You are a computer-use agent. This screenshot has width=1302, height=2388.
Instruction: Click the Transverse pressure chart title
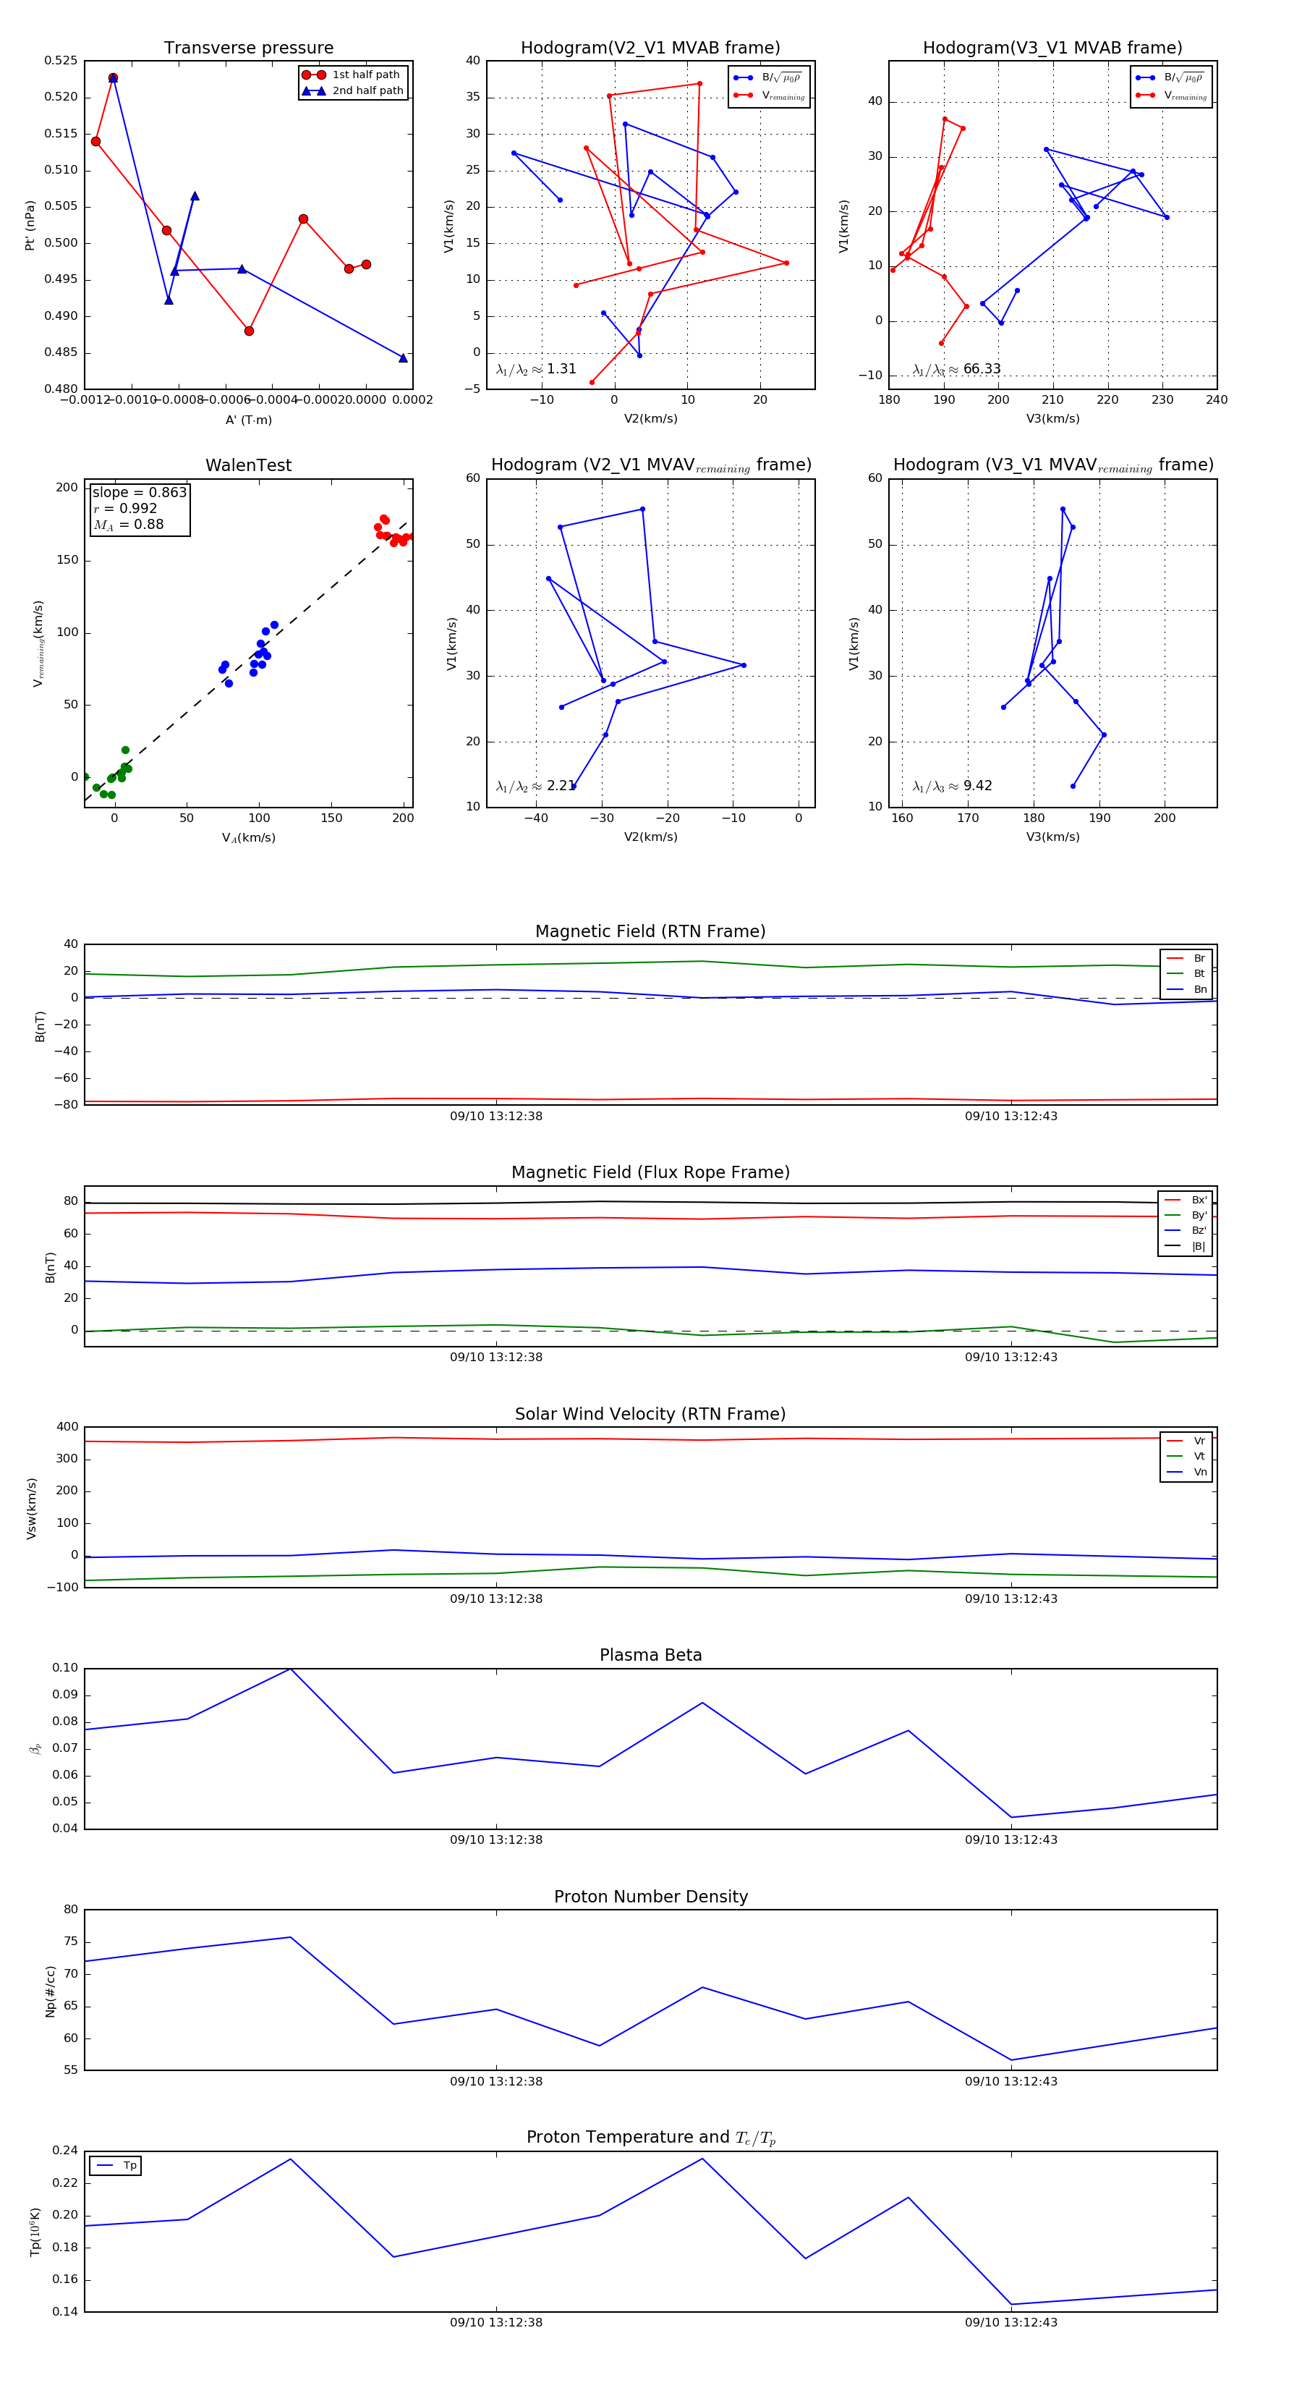click(248, 48)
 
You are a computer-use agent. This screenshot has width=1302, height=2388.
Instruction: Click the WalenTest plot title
click(248, 465)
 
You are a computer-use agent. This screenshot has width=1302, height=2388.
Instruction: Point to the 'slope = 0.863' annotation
click(139, 492)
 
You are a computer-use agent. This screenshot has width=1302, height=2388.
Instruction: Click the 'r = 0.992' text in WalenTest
click(125, 509)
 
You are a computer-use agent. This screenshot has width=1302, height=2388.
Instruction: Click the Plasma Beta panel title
click(650, 1655)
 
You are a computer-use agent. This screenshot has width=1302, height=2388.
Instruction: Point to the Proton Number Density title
click(650, 1897)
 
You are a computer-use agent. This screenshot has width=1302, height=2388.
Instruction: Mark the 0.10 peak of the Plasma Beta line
click(291, 1669)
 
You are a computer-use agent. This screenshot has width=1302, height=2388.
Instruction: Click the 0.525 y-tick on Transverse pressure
click(61, 62)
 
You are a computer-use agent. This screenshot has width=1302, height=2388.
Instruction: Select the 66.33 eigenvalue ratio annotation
click(982, 369)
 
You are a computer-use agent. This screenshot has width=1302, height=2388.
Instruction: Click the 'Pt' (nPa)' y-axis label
click(30, 225)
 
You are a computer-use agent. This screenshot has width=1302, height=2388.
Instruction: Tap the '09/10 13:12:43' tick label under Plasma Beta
click(1011, 1839)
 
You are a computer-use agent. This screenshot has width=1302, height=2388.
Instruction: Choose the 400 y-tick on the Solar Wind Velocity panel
click(67, 1427)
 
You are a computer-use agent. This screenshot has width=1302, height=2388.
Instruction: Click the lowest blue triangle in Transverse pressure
click(403, 357)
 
